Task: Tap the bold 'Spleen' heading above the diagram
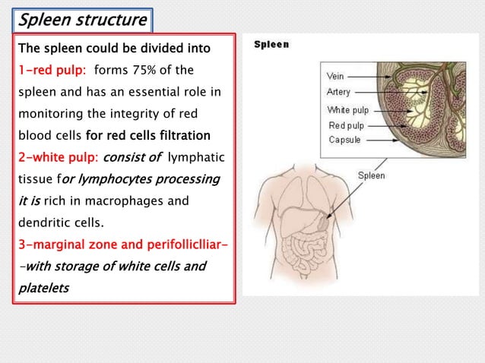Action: tap(271, 45)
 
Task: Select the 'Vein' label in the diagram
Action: tap(335, 77)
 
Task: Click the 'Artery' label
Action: tap(339, 92)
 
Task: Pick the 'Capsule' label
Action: tap(344, 140)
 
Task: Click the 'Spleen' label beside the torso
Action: tap(371, 175)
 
